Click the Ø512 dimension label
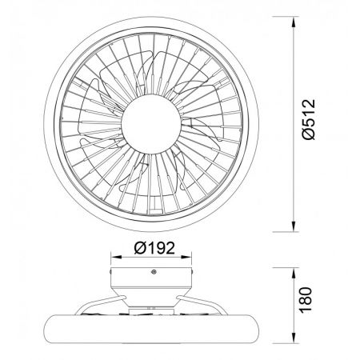pyautogui.click(x=310, y=119)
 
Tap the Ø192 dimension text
pyautogui.click(x=154, y=248)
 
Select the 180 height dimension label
pyautogui.click(x=306, y=300)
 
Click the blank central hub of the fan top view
pyautogui.click(x=151, y=123)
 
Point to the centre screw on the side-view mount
pyautogui.click(x=154, y=272)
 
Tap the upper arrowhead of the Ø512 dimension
pyautogui.click(x=294, y=22)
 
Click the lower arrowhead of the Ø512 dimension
pyautogui.click(x=294, y=226)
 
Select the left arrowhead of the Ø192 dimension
pyautogui.click(x=116, y=257)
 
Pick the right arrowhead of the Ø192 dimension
pyautogui.click(x=186, y=257)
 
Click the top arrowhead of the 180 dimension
pyautogui.click(x=294, y=273)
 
